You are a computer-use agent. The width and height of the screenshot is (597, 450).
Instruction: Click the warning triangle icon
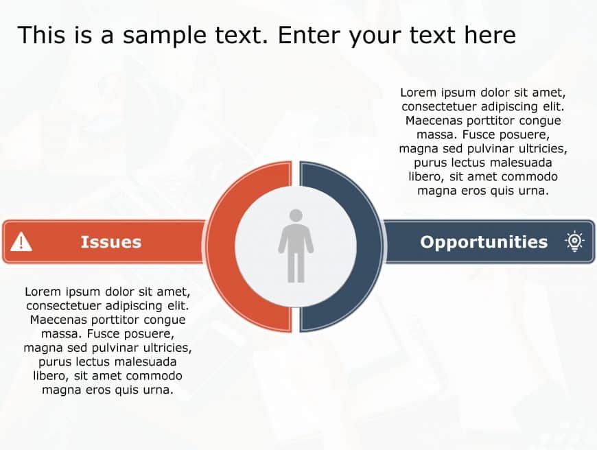[21, 241]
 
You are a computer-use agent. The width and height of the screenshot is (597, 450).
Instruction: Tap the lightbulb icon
[574, 241]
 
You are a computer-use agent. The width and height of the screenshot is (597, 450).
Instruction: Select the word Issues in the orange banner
[110, 241]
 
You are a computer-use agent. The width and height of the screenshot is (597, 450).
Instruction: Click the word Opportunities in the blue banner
[484, 241]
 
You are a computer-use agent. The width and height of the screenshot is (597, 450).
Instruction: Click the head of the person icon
[296, 215]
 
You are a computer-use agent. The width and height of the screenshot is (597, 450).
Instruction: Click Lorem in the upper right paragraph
[418, 92]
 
